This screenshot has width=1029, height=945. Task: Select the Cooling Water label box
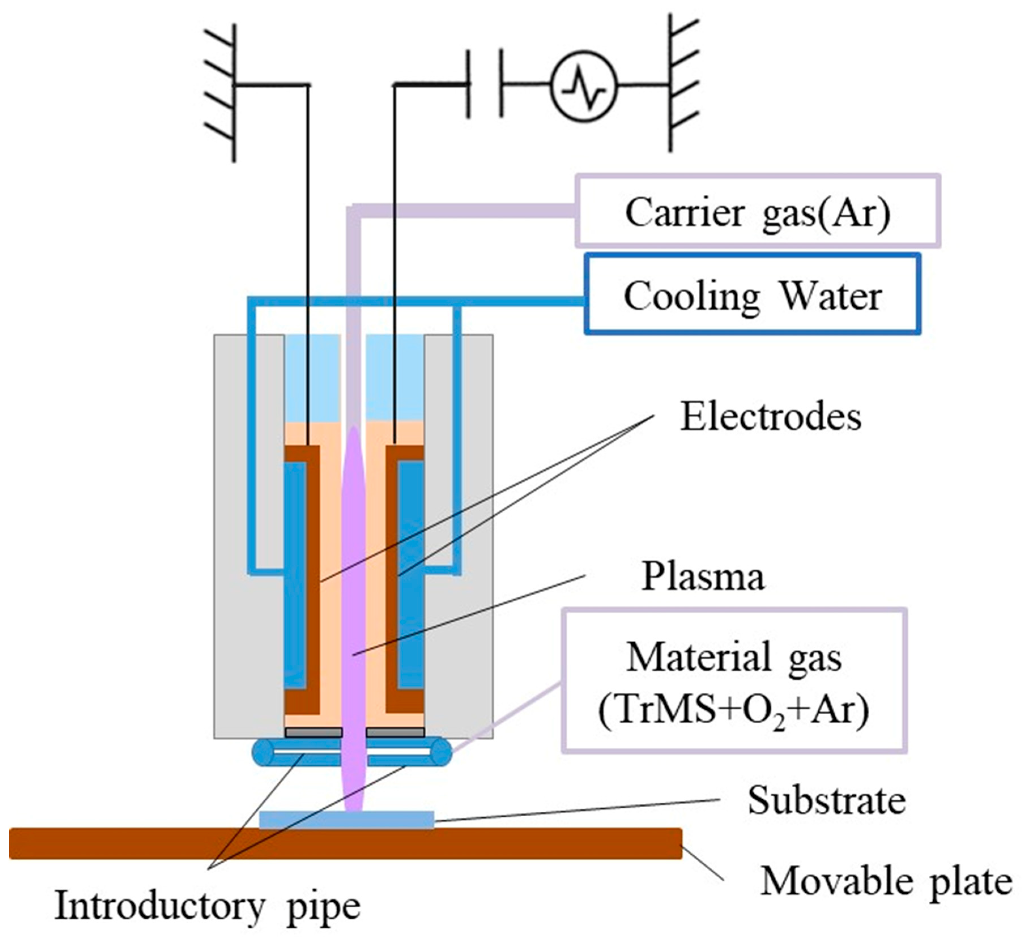753,294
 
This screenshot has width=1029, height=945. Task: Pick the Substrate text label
827,800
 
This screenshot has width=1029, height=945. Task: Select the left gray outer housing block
249,537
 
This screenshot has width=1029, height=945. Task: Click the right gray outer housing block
459,537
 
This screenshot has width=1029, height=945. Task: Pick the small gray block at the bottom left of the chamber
313,732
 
